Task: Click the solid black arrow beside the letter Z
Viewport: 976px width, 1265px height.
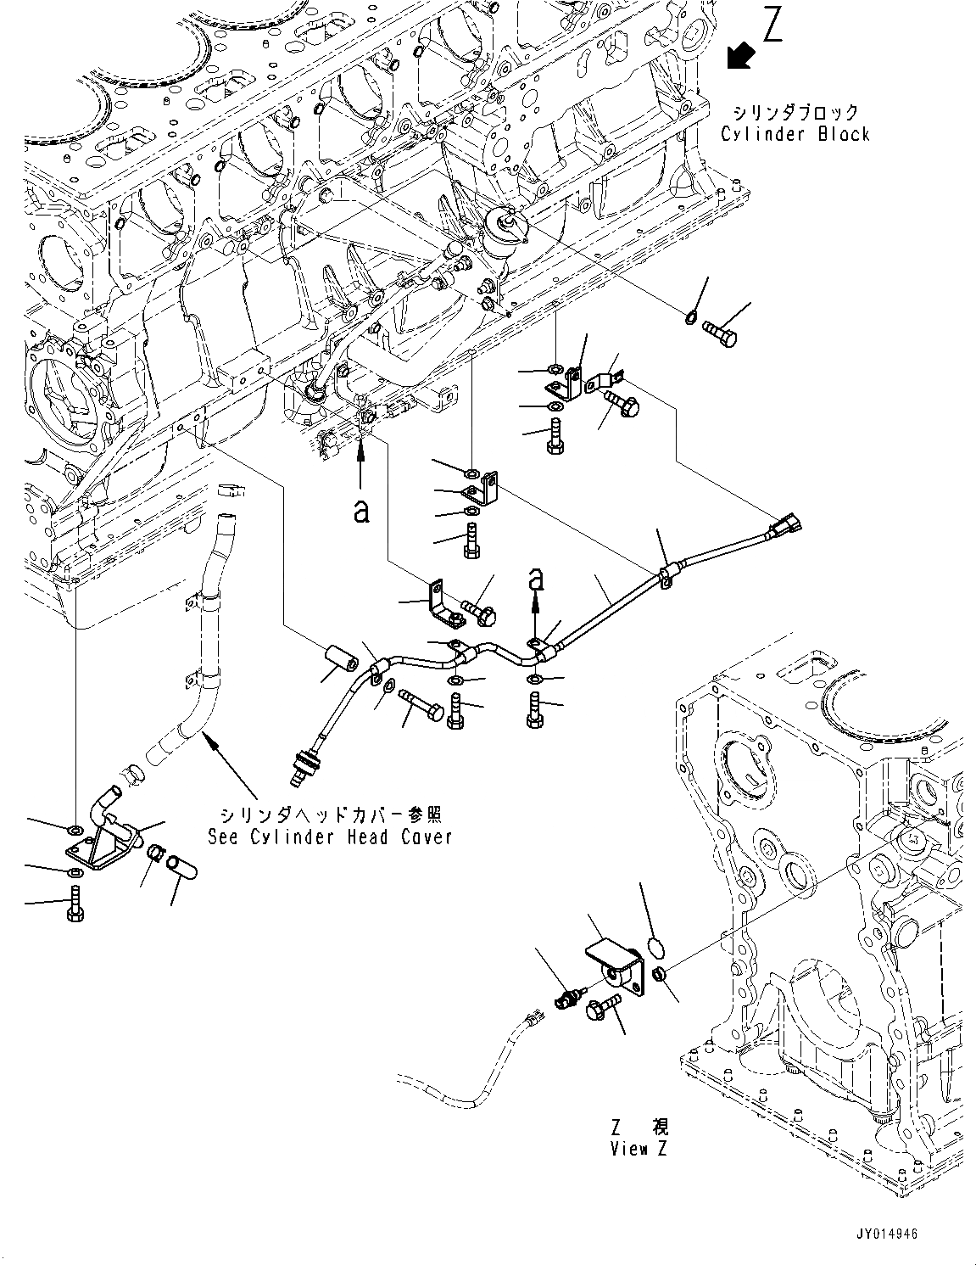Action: tap(741, 57)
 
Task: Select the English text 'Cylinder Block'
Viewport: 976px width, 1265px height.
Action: tap(795, 134)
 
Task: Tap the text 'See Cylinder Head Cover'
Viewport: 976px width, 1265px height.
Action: tap(330, 837)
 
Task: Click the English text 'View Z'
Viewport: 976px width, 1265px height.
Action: tap(639, 1149)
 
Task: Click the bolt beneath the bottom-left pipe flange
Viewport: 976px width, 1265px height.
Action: tap(75, 904)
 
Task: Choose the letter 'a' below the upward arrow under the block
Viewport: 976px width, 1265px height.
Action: tap(362, 512)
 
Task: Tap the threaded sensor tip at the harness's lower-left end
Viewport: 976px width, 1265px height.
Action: tap(302, 767)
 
